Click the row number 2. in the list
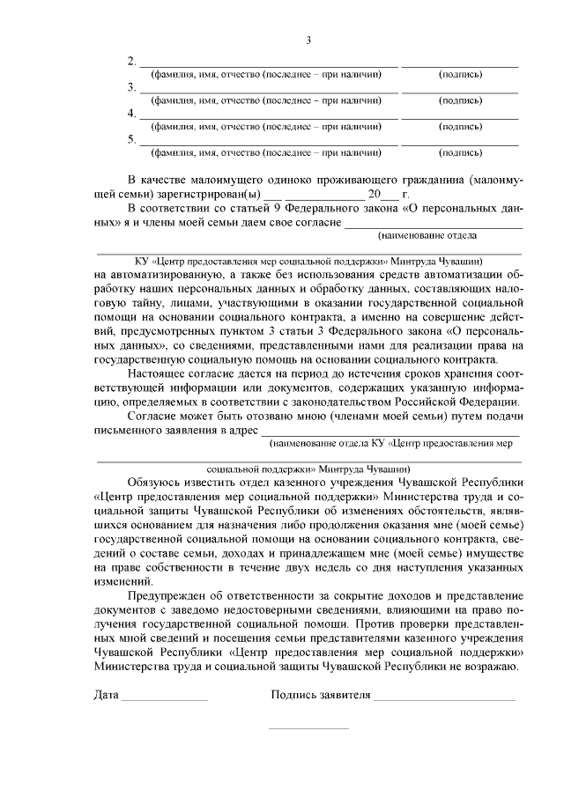click(x=132, y=62)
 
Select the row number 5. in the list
click(x=132, y=139)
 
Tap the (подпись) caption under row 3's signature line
click(x=460, y=100)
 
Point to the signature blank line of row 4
click(x=460, y=119)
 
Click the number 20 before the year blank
click(x=376, y=194)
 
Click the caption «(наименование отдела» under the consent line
click(x=427, y=236)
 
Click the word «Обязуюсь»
click(x=160, y=482)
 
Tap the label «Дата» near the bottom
click(x=106, y=696)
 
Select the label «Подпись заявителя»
click(x=320, y=696)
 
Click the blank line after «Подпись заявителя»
click(x=444, y=699)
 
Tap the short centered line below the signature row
click(x=308, y=728)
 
